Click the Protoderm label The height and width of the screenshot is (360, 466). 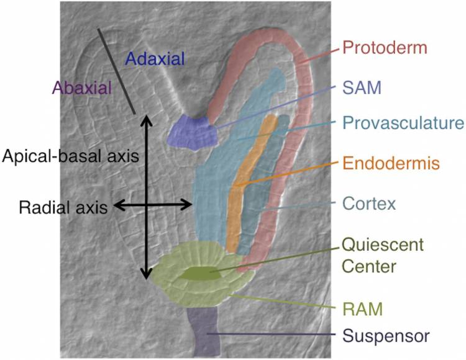pyautogui.click(x=385, y=48)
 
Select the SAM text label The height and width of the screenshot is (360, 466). pyautogui.click(x=362, y=88)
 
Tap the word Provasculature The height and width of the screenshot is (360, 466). pyautogui.click(x=403, y=122)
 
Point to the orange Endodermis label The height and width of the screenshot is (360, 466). pyautogui.click(x=391, y=163)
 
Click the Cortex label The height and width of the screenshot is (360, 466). pyautogui.click(x=369, y=204)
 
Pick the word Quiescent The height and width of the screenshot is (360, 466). pyautogui.click(x=383, y=245)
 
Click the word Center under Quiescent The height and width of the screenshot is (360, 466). pyautogui.click(x=369, y=266)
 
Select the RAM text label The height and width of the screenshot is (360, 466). pyautogui.click(x=363, y=309)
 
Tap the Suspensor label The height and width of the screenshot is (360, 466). pyautogui.click(x=386, y=336)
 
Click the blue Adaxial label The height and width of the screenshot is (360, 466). pyautogui.click(x=155, y=58)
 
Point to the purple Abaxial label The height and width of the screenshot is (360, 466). pyautogui.click(x=82, y=88)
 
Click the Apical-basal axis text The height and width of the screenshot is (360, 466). pyautogui.click(x=70, y=156)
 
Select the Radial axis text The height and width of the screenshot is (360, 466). pyautogui.click(x=63, y=207)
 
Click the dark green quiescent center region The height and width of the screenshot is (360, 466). pyautogui.click(x=200, y=273)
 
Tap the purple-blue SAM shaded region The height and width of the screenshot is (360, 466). pyautogui.click(x=193, y=132)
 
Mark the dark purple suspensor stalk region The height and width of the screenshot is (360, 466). pyautogui.click(x=204, y=332)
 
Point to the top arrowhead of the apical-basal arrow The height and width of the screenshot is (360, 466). pyautogui.click(x=146, y=117)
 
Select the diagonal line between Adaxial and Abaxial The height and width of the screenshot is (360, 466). pyautogui.click(x=117, y=71)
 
